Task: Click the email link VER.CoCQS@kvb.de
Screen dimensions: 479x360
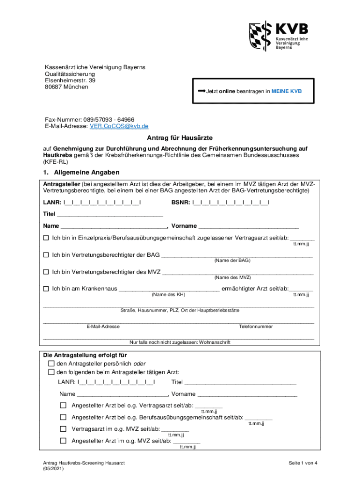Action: click(x=119, y=126)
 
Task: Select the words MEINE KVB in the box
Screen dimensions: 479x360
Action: click(x=287, y=92)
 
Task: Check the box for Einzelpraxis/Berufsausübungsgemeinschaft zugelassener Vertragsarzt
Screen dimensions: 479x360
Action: click(x=46, y=238)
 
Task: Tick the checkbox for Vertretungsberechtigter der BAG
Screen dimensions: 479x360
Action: click(x=46, y=255)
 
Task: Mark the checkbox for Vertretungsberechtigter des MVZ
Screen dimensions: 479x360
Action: click(x=46, y=272)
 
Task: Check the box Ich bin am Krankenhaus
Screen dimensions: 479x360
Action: click(x=46, y=289)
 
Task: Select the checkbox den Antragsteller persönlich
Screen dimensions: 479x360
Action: click(x=51, y=364)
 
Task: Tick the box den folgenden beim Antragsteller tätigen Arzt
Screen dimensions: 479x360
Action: click(x=51, y=372)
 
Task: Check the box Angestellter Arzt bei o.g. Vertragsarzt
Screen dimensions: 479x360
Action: click(x=63, y=405)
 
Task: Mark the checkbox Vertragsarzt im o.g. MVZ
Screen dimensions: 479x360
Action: click(x=63, y=428)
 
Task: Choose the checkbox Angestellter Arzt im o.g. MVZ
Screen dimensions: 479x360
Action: click(x=63, y=441)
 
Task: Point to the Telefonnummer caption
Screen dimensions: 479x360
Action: click(x=255, y=327)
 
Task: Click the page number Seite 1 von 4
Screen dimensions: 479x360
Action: click(x=302, y=463)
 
